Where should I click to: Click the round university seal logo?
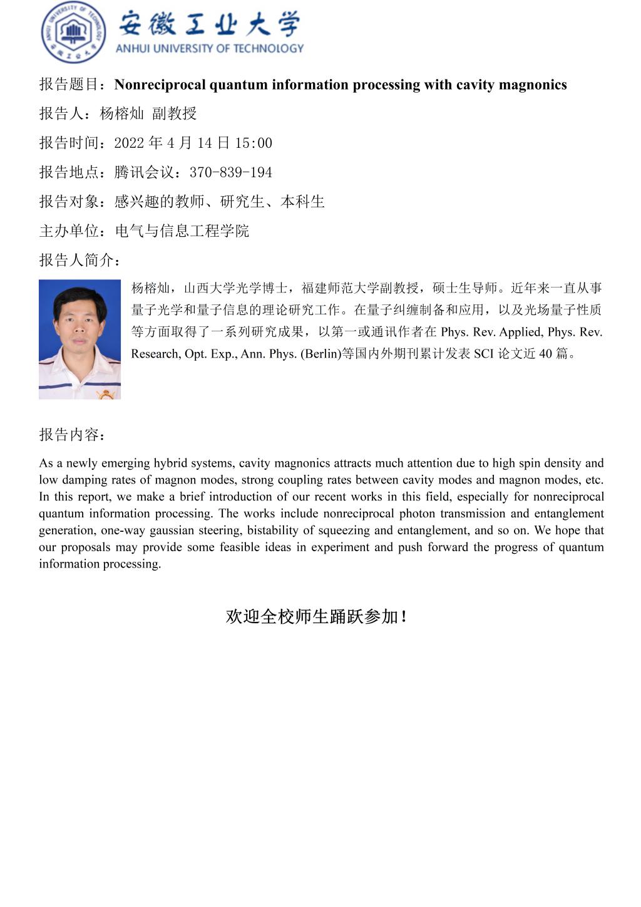pyautogui.click(x=73, y=33)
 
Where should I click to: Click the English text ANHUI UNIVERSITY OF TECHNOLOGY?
pyautogui.click(x=210, y=48)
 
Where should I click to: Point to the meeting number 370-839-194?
pyautogui.click(x=230, y=172)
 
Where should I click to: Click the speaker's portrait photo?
pyautogui.click(x=79, y=339)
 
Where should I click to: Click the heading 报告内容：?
pyautogui.click(x=73, y=435)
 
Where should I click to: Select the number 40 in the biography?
pyautogui.click(x=545, y=354)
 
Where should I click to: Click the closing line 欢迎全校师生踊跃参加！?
pyautogui.click(x=317, y=616)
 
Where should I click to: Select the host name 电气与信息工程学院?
pyautogui.click(x=182, y=231)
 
